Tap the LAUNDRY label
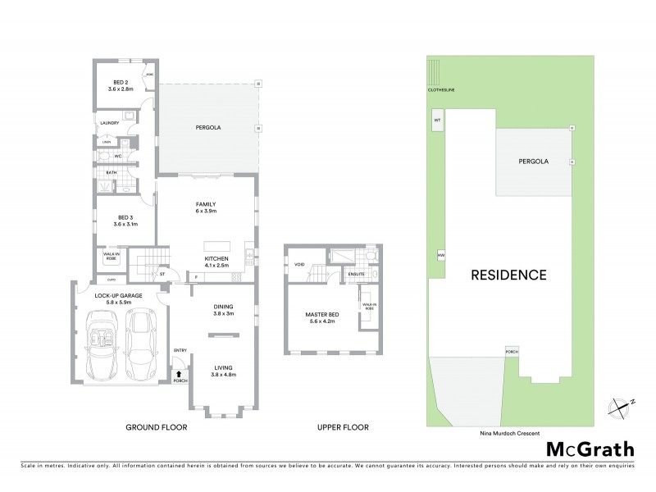coord(110,124)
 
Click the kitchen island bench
coord(216,245)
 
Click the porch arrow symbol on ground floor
coord(180,374)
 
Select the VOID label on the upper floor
coord(298,264)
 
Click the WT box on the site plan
coord(437,120)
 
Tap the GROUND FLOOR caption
coord(156,427)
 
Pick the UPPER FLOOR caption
coord(342,427)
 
